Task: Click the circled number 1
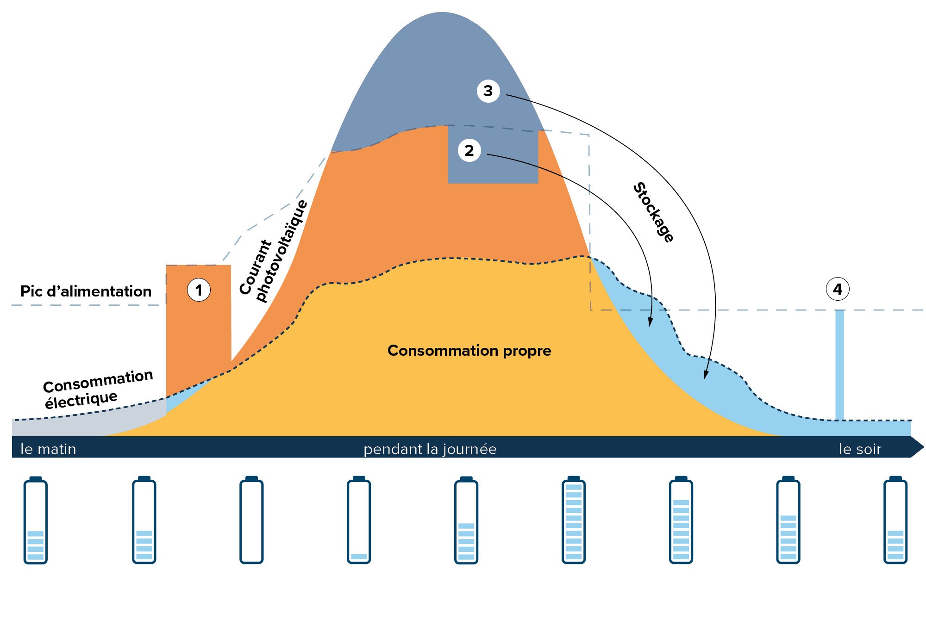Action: (199, 290)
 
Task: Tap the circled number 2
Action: (469, 150)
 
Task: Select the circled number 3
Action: (488, 91)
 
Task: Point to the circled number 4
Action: (838, 289)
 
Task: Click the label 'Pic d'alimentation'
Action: (86, 291)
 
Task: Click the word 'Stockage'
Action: (653, 212)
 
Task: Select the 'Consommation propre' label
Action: (469, 351)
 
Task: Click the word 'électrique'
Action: (81, 400)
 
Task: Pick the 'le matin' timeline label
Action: (48, 449)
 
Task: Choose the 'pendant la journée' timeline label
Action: (430, 449)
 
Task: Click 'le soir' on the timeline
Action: (860, 449)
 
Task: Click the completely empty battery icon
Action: (251, 520)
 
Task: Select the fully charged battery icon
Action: (573, 520)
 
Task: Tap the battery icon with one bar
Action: (359, 520)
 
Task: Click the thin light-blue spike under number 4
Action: (839, 365)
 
